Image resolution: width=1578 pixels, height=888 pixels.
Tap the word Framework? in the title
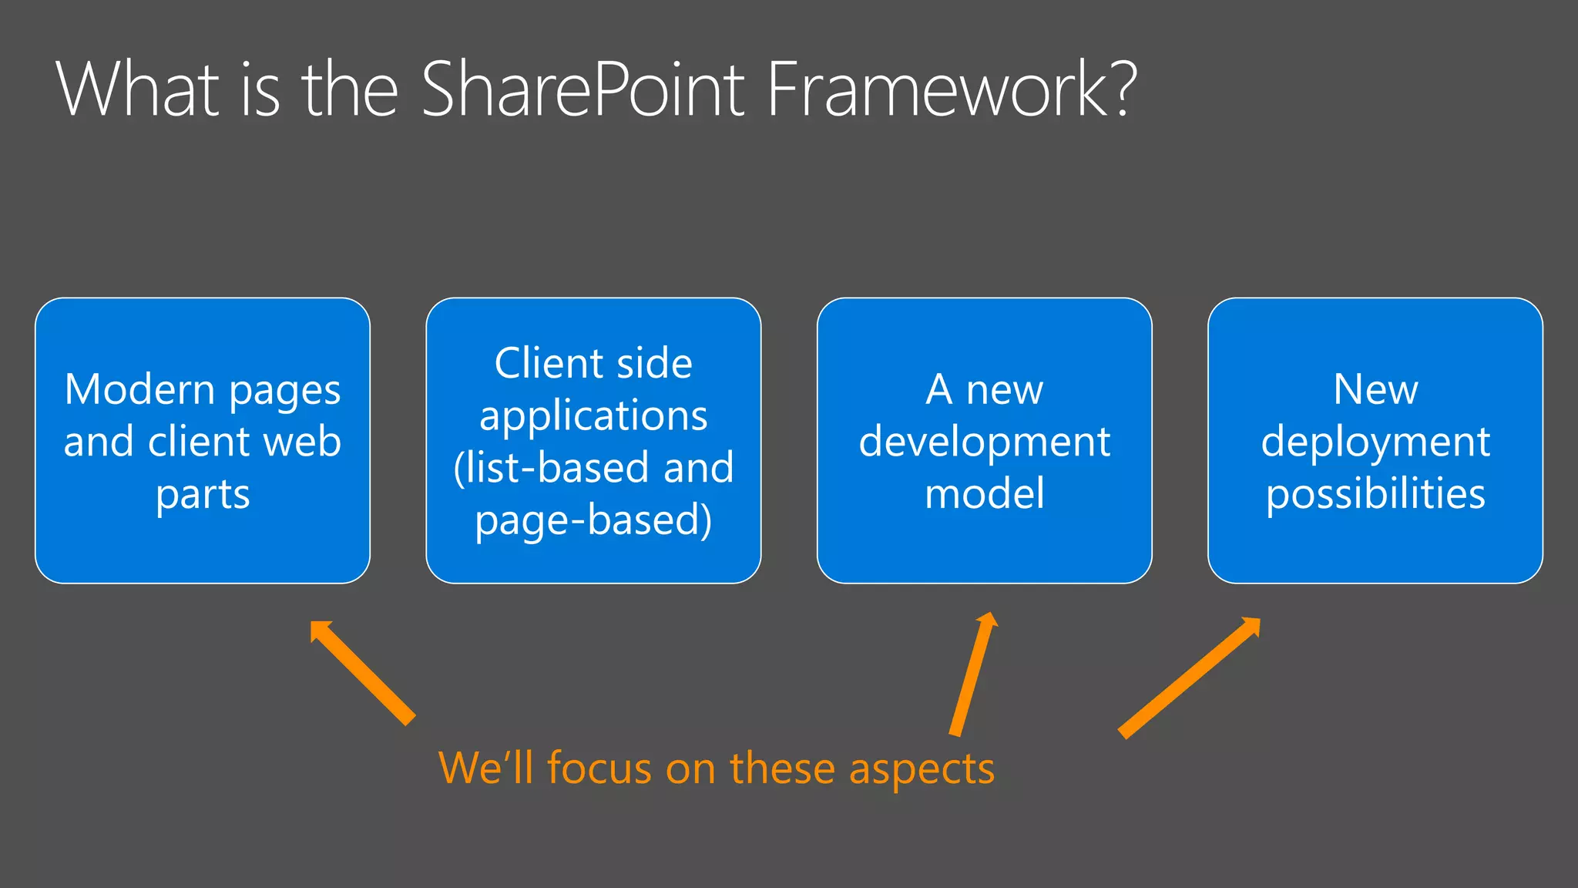tap(951, 89)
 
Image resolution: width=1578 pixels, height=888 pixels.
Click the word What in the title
tap(138, 89)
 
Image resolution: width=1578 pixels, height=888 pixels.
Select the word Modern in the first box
tap(139, 389)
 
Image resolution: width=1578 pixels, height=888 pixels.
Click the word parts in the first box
tap(203, 495)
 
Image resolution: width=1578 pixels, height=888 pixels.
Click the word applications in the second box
tap(593, 417)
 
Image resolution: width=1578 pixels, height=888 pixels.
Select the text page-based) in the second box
tap(593, 520)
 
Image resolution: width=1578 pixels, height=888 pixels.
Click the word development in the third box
tap(984, 443)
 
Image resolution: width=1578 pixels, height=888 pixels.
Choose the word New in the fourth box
tap(1375, 389)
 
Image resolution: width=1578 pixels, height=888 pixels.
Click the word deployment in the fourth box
tap(1375, 443)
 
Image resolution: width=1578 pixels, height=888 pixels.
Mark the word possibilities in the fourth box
tap(1375, 495)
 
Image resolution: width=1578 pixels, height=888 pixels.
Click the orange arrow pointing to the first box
tap(362, 672)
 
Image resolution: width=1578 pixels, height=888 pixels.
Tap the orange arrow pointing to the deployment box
tap(1189, 678)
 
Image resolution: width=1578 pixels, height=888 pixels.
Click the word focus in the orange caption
tap(599, 769)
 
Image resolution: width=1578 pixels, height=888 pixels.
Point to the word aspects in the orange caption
tap(922, 770)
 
